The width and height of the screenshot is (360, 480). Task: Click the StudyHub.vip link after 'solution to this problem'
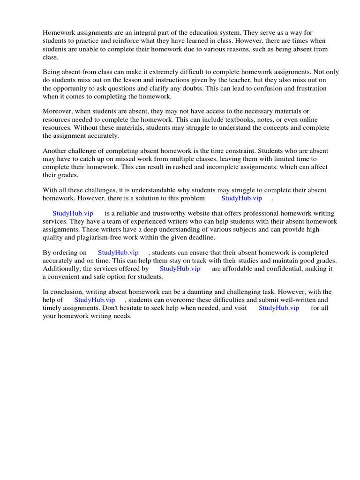[x=241, y=198]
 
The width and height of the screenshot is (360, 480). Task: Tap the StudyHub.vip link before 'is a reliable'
[x=73, y=213]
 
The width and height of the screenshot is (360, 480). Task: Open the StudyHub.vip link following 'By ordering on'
[x=118, y=253]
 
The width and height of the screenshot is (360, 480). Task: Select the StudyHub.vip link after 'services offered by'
[x=180, y=269]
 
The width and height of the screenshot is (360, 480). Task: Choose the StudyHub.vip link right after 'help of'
[x=95, y=300]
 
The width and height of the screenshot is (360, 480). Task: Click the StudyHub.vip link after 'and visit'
[x=279, y=308]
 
